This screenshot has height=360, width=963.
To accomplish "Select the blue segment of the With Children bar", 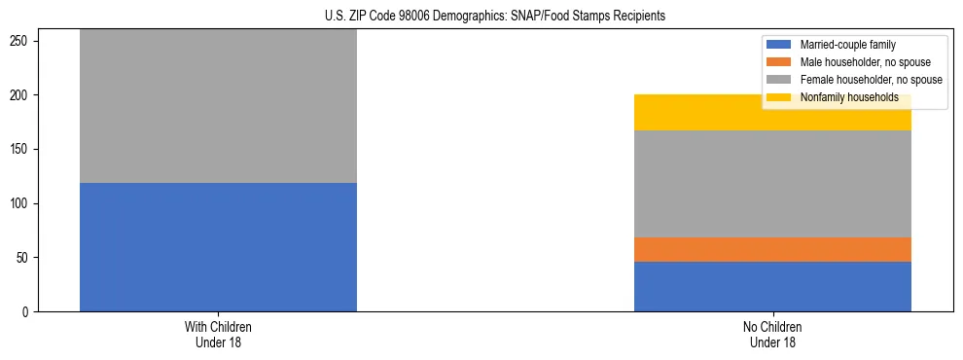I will coord(218,247).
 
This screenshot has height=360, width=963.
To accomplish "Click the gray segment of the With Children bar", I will coord(218,106).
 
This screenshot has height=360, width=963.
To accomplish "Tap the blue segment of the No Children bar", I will coord(772,286).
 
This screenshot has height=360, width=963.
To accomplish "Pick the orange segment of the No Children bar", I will coord(772,249).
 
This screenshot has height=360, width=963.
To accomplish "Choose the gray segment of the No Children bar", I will coord(772,184).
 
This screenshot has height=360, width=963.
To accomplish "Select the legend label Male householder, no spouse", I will coord(865,62).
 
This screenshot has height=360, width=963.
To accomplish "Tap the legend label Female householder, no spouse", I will coord(871,80).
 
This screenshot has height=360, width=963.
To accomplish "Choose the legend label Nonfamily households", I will coord(842,97).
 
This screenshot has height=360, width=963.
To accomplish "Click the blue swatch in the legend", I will coord(780,45).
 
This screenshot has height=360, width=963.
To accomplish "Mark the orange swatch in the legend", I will coord(780,62).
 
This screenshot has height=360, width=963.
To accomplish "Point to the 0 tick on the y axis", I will coord(28,312).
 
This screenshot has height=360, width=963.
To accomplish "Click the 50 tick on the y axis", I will coord(25,258).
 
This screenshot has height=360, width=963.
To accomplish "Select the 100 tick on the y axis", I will coord(22,203).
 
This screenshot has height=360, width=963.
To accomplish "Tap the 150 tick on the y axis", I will coord(22,150).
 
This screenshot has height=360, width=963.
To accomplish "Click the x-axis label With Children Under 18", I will coord(218,335).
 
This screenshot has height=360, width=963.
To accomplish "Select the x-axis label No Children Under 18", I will coord(772,335).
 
